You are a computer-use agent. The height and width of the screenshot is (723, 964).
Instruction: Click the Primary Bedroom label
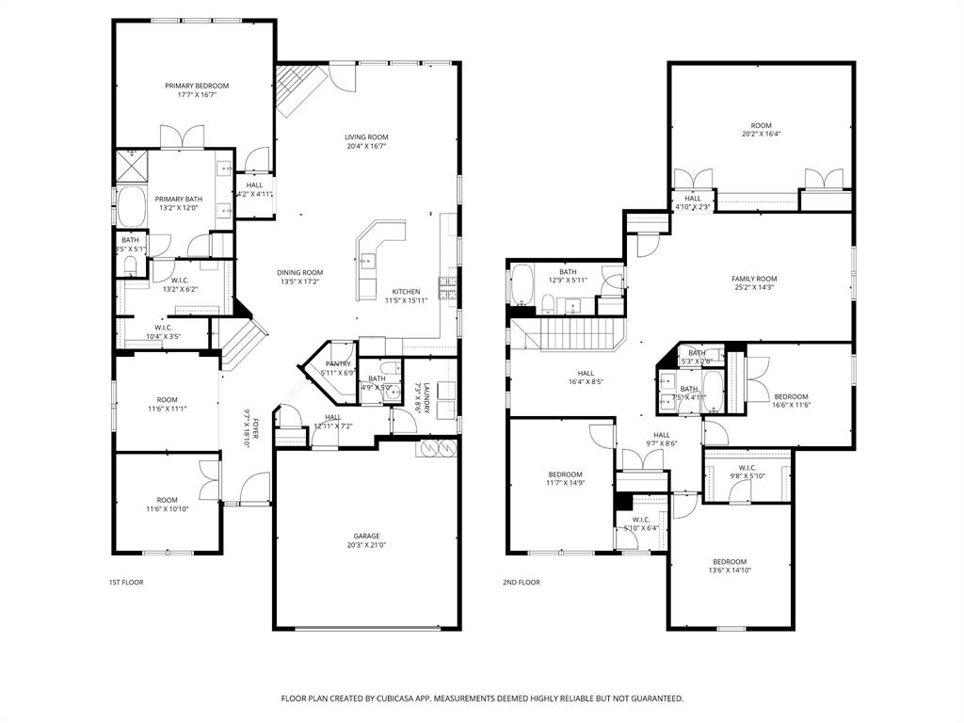click(x=197, y=86)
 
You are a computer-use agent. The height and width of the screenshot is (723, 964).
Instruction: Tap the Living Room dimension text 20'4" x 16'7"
click(x=366, y=148)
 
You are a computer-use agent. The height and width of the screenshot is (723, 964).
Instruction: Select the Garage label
click(x=366, y=536)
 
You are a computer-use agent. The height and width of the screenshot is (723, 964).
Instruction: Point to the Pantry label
click(x=338, y=363)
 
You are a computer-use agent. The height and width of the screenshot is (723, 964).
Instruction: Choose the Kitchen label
click(x=406, y=291)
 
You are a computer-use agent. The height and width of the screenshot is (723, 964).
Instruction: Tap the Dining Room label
click(x=299, y=272)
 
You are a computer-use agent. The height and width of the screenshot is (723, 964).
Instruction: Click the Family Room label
click(x=754, y=279)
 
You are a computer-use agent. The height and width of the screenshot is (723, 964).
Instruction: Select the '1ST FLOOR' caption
click(x=125, y=583)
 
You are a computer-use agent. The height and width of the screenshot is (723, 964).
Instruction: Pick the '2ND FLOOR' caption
click(x=521, y=583)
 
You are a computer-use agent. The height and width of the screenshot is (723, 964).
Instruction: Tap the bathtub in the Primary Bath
click(x=130, y=205)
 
